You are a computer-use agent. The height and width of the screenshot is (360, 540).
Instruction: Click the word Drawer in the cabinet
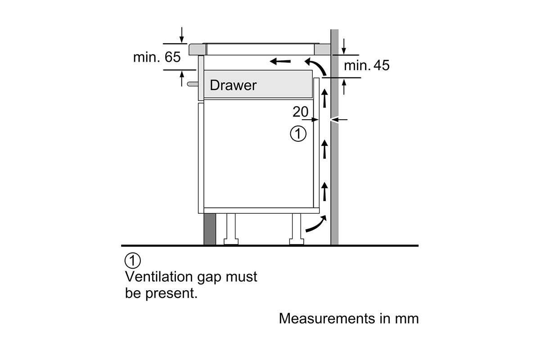[x=233, y=85]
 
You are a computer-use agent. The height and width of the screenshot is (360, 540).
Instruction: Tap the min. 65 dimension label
[x=156, y=58]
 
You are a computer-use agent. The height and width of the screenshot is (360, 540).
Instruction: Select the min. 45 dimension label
[x=367, y=66]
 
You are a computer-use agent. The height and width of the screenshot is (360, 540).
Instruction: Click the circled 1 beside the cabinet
[x=298, y=134]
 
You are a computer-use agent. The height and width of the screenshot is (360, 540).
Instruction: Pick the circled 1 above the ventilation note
[x=132, y=261]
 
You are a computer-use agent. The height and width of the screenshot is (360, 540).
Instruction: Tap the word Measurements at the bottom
[x=327, y=318]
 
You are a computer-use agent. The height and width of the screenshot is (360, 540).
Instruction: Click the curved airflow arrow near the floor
[x=316, y=224]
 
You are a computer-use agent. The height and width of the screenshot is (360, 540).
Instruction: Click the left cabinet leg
[x=231, y=229]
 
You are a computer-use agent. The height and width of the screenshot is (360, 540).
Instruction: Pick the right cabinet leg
[x=297, y=229]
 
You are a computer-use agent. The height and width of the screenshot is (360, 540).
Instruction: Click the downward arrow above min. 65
[x=181, y=34]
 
